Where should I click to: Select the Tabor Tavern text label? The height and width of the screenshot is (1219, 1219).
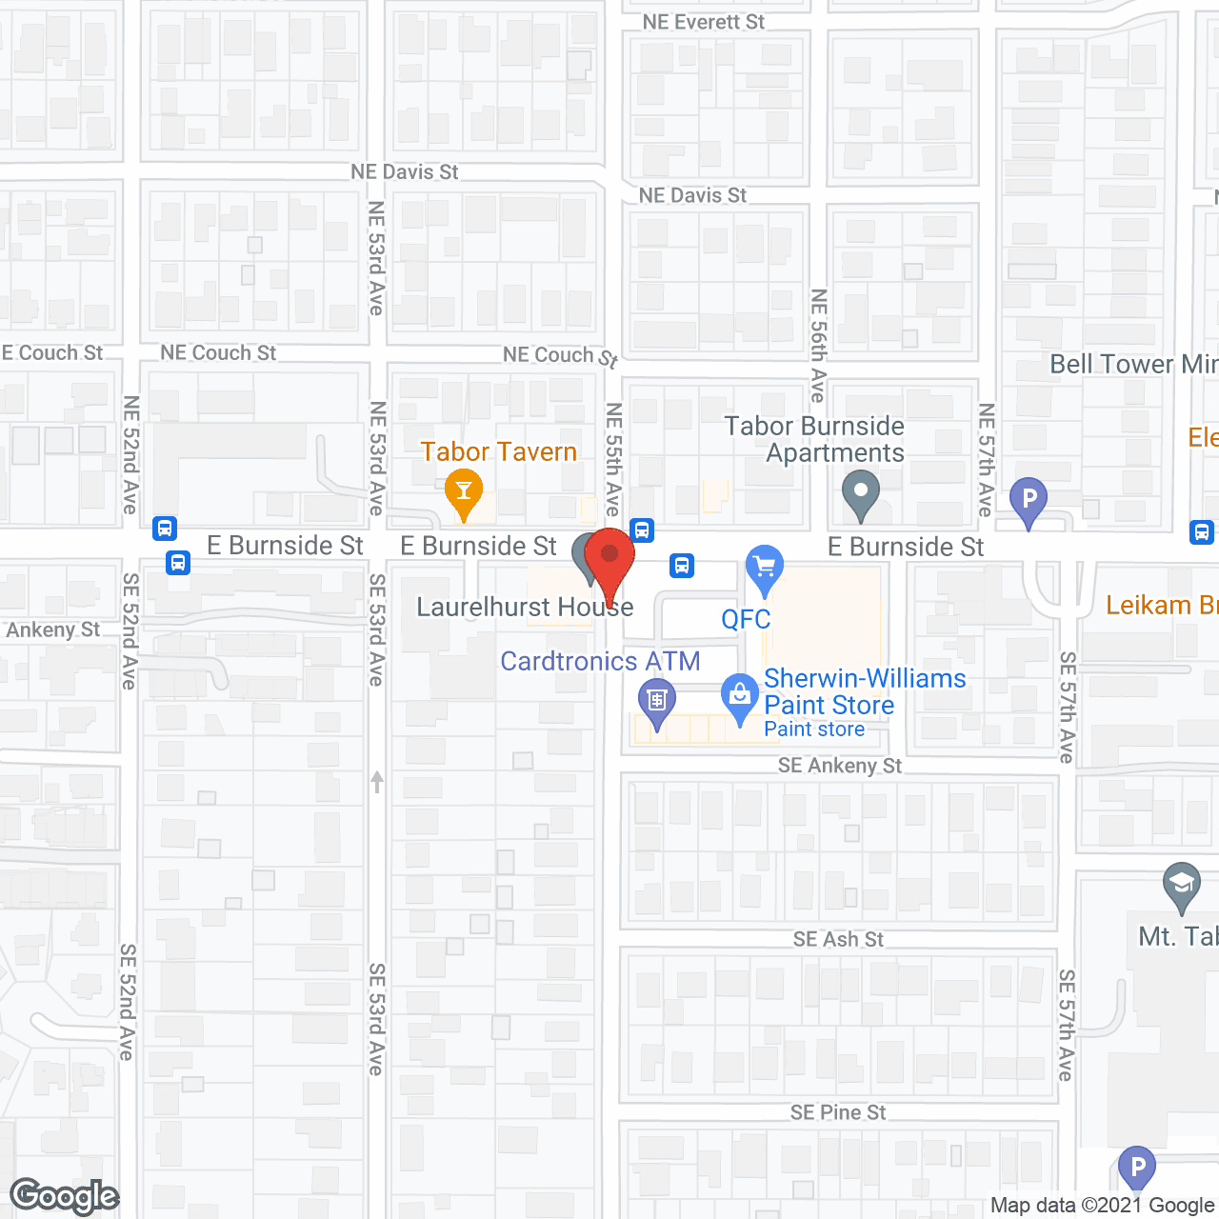[x=499, y=451]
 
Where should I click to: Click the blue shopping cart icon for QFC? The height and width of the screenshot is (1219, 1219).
[x=764, y=568]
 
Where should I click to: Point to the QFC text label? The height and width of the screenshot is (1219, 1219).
[x=746, y=619]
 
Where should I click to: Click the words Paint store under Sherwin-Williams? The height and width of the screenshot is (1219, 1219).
[x=814, y=729]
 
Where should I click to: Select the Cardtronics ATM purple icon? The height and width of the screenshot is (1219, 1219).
[x=656, y=701]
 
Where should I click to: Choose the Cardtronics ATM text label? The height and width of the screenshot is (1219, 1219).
[x=600, y=661]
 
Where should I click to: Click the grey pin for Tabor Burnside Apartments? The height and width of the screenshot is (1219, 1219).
[x=861, y=493]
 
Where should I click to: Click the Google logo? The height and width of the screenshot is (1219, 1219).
[x=65, y=1196]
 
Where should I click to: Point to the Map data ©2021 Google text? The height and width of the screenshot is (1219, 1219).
[x=1102, y=1206]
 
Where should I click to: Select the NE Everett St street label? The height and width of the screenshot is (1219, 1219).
[x=703, y=22]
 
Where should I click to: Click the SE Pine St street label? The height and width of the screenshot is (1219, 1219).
[x=838, y=1112]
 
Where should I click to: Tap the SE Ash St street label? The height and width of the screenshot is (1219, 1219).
[x=838, y=940]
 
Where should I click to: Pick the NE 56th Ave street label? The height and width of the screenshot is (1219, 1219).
[x=818, y=345]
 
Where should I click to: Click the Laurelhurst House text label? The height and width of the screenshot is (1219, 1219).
[x=525, y=607]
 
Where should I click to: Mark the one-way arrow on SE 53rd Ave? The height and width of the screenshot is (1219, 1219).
[x=377, y=782]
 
